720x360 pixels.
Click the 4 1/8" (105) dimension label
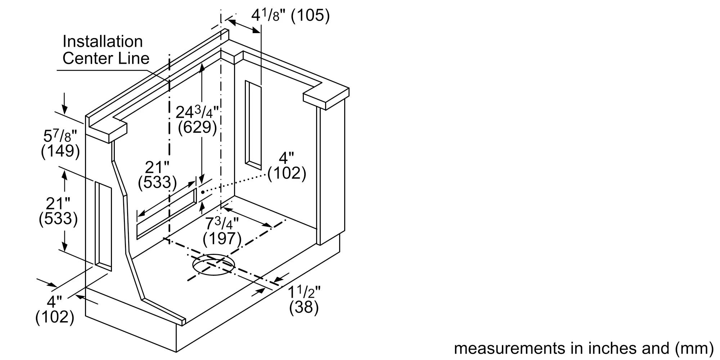point(290,16)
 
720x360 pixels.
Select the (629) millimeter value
point(197,127)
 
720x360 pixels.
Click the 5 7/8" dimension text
point(60,136)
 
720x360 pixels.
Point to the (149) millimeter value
point(60,151)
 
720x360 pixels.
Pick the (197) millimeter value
point(222,239)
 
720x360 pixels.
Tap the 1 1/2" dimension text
point(304,292)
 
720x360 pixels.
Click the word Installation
point(103,41)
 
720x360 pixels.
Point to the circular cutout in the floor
point(213,265)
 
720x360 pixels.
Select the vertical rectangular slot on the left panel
point(103,226)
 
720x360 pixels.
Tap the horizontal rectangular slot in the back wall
point(166,213)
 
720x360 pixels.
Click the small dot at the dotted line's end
point(203,192)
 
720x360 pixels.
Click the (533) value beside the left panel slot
point(58,219)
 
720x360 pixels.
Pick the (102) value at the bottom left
point(55,317)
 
